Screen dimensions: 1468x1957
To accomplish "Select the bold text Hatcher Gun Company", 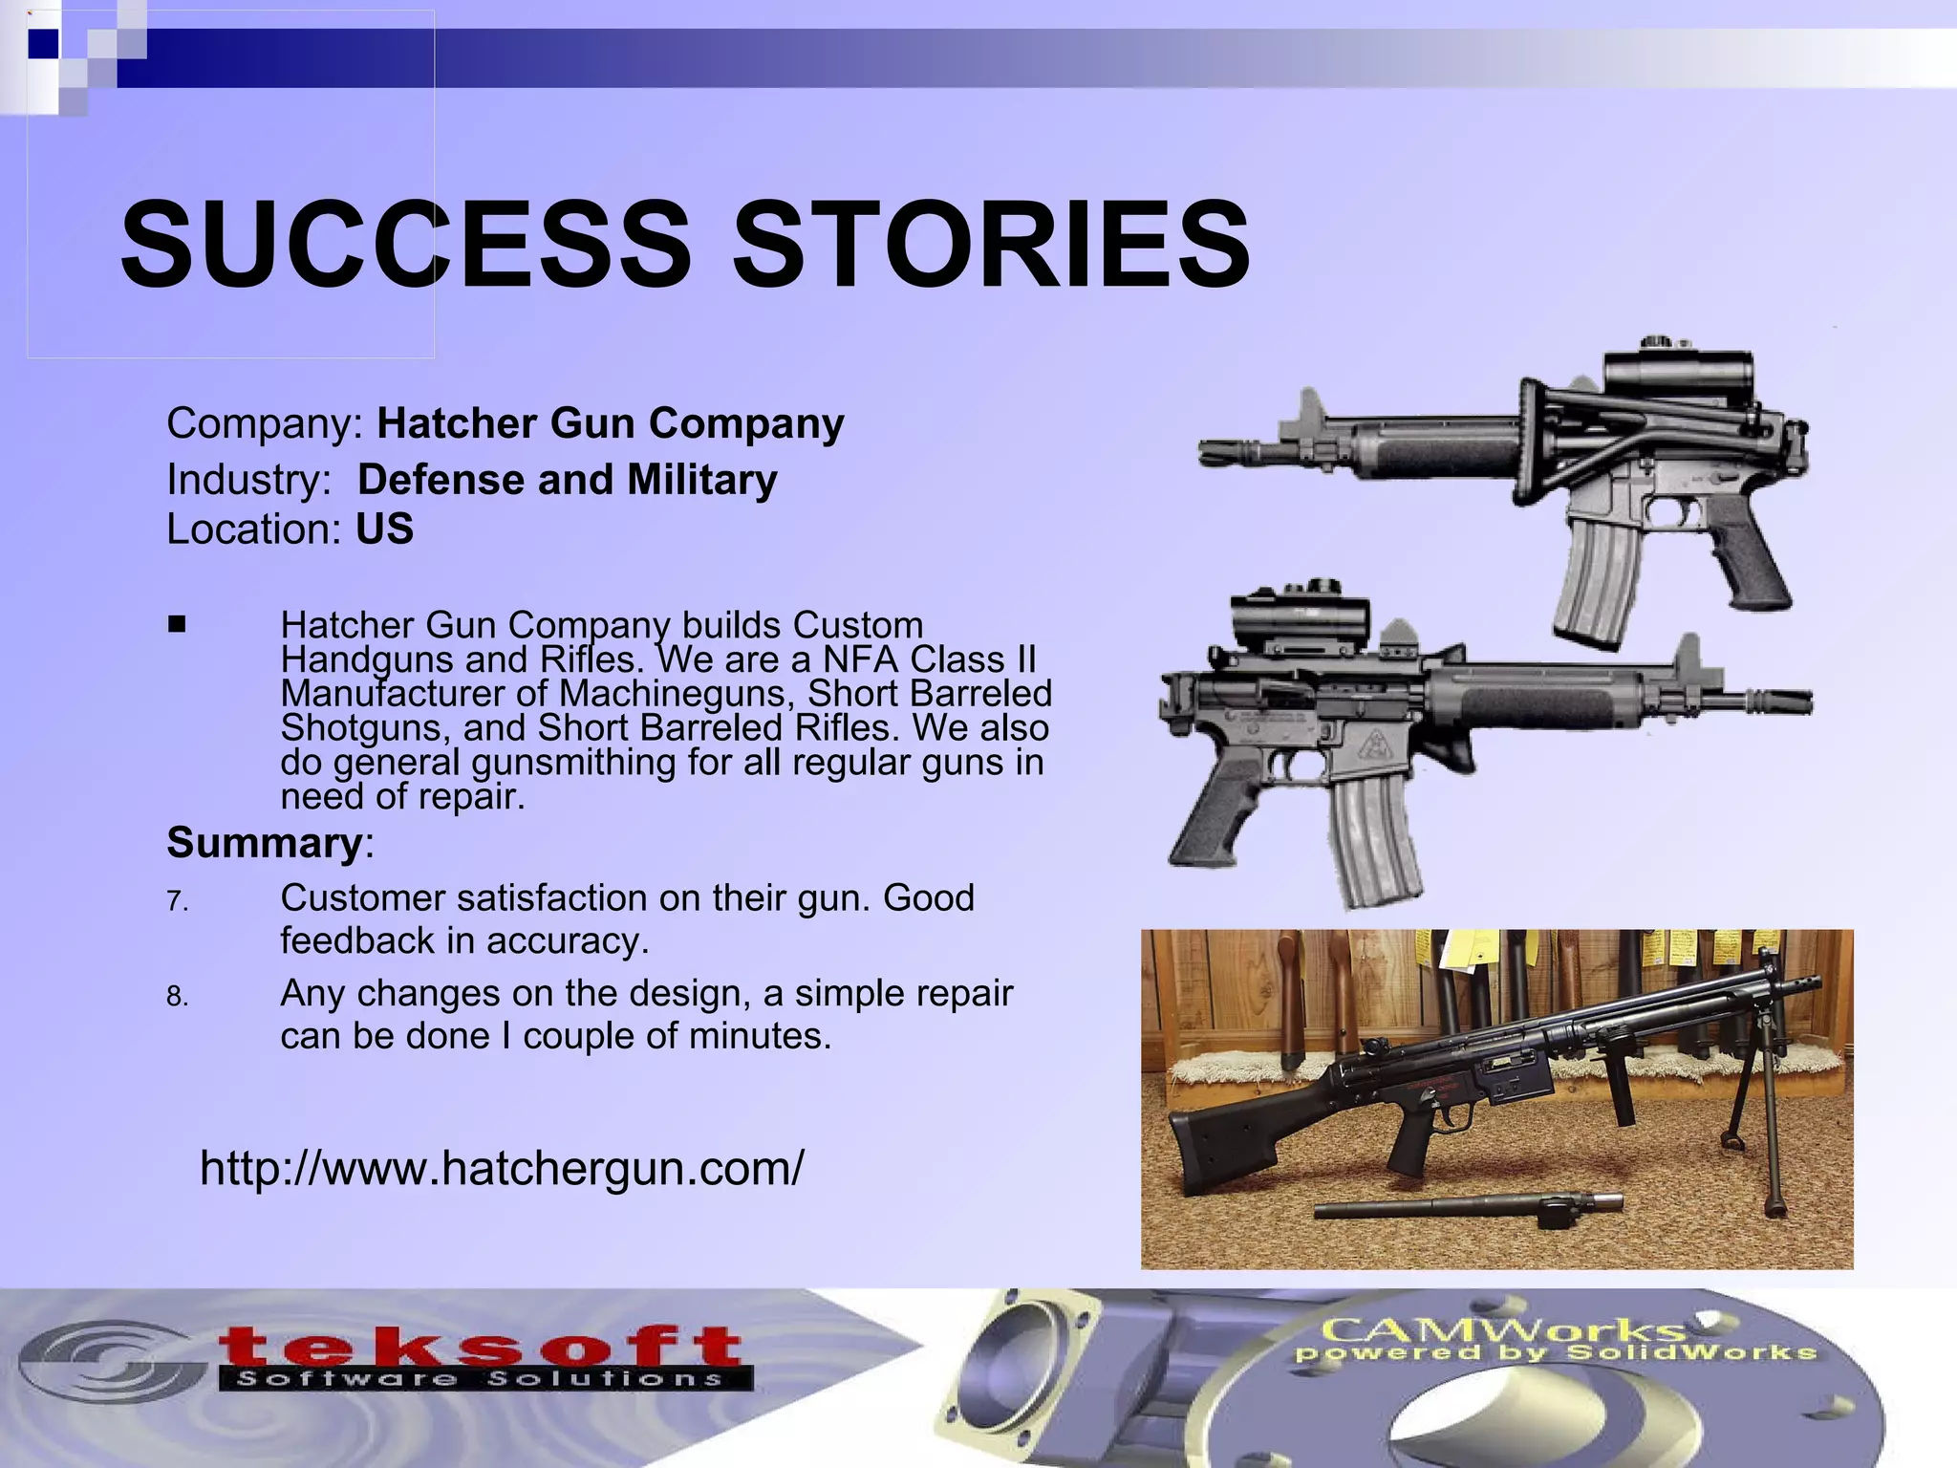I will pyautogui.click(x=611, y=423).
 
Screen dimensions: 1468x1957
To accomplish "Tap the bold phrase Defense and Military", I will pyautogui.click(x=567, y=480).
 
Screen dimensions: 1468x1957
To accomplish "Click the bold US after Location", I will pyautogui.click(x=384, y=529).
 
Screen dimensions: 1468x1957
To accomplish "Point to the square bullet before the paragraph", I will pyautogui.click(x=176, y=625).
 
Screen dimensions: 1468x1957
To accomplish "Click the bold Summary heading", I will pyautogui.click(x=264, y=843).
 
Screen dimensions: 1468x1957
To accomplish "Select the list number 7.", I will pyautogui.click(x=176, y=901).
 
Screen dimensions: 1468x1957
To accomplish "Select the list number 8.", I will pyautogui.click(x=176, y=997).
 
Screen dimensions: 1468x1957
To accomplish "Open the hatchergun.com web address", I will pyautogui.click(x=502, y=1167).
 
